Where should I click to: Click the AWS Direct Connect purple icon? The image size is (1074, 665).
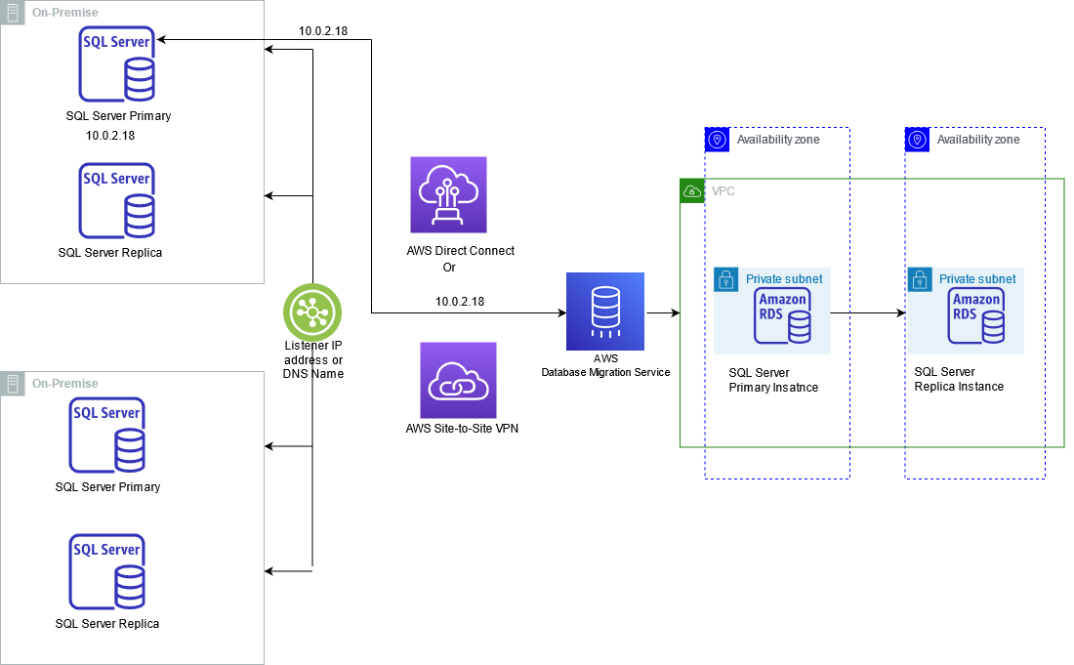(448, 194)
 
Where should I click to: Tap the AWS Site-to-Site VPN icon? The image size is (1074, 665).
(458, 380)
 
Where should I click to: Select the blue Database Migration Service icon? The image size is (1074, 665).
(605, 312)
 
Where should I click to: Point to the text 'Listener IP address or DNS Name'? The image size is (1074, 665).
(312, 359)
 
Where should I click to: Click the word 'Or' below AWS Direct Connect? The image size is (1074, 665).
(449, 267)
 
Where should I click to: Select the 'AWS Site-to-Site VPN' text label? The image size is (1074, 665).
(461, 427)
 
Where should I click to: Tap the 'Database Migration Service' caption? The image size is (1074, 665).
(606, 372)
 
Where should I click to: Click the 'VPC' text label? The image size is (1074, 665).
(723, 191)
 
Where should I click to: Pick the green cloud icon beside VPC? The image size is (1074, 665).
(691, 190)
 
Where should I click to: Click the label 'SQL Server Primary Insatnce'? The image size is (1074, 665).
(773, 380)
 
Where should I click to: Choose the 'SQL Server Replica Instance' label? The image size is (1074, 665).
(959, 379)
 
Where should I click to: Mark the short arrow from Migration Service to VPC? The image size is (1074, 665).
(663, 313)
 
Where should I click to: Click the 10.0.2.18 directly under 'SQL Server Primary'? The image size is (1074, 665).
(110, 136)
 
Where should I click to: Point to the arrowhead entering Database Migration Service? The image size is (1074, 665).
(560, 313)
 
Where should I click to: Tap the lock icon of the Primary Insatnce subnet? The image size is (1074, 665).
(725, 279)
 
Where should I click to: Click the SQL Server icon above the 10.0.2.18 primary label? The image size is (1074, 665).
(117, 64)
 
